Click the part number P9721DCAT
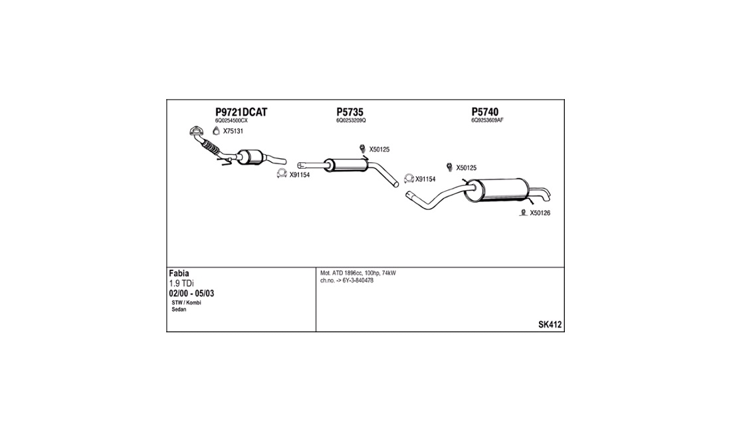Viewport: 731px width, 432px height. [241, 112]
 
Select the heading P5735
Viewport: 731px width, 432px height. [350, 112]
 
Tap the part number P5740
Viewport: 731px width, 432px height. [485, 112]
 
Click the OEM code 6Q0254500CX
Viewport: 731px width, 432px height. [231, 120]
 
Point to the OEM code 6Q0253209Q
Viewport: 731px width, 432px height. [351, 120]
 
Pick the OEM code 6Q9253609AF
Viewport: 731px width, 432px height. [487, 120]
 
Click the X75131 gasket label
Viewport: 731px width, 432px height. [233, 132]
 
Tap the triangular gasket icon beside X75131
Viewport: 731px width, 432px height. [217, 131]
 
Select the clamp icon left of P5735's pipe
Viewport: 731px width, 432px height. [282, 174]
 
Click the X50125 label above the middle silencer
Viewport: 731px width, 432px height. [379, 150]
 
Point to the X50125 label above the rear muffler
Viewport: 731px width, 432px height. [467, 167]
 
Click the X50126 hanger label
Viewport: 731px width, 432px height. [540, 213]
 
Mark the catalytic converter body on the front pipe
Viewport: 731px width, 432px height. [251, 157]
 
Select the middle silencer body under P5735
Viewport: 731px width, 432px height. [346, 165]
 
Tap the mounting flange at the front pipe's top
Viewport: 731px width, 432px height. [197, 132]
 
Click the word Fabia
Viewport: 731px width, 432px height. [179, 274]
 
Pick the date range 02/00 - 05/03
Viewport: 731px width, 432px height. [191, 294]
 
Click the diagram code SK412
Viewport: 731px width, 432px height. [550, 325]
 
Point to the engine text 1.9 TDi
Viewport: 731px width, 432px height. [181, 283]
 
